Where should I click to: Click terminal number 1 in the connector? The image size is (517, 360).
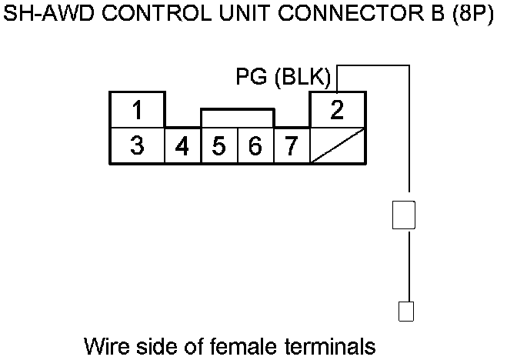pyautogui.click(x=137, y=110)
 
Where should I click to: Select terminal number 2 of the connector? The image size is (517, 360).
pyautogui.click(x=337, y=110)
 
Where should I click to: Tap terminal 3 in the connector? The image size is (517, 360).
pyautogui.click(x=137, y=145)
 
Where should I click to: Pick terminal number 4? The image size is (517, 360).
pyautogui.click(x=183, y=146)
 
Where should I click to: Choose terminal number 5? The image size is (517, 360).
pyautogui.click(x=219, y=146)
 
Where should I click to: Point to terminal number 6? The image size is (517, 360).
pyautogui.click(x=255, y=146)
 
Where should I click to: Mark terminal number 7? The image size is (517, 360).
pyautogui.click(x=291, y=146)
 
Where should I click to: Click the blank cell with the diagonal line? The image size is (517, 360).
pyautogui.click(x=337, y=145)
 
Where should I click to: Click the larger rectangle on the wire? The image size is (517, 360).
pyautogui.click(x=404, y=215)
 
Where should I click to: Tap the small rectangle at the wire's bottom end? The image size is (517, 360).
pyautogui.click(x=405, y=311)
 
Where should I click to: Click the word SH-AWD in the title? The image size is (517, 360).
pyautogui.click(x=44, y=15)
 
